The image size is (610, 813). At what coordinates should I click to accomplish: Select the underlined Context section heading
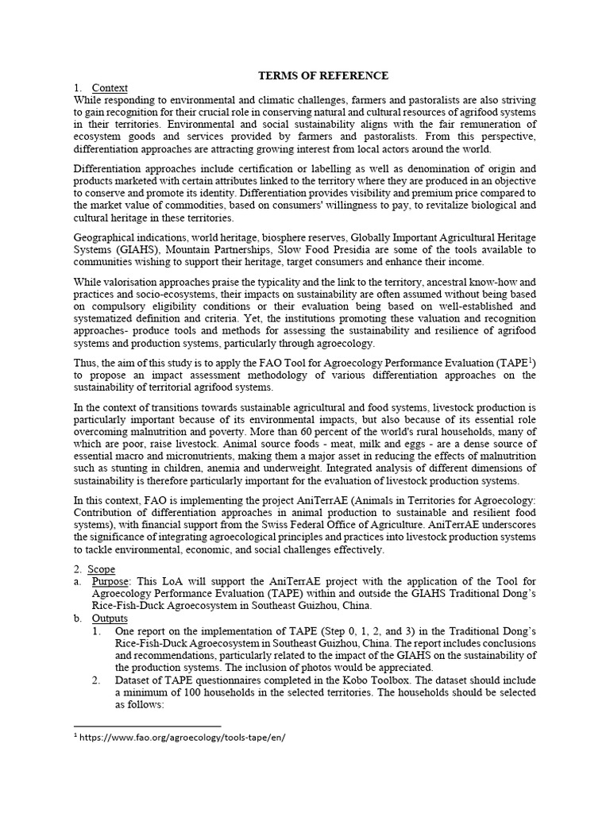(110, 88)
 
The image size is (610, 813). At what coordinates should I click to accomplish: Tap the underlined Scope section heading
(102, 569)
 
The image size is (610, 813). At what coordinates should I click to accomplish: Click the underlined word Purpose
(110, 582)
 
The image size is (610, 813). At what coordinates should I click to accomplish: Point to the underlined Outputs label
(110, 618)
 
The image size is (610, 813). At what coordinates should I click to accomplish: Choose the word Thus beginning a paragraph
(87, 362)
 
